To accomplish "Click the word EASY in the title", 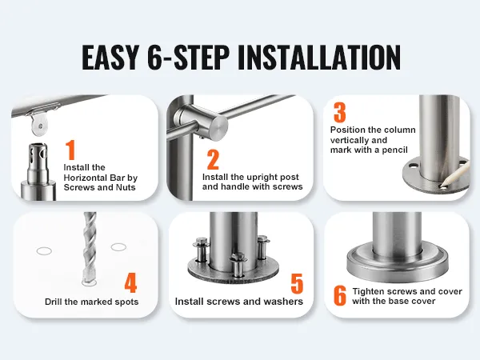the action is pyautogui.click(x=110, y=58).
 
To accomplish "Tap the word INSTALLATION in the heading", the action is pyautogui.click(x=318, y=58).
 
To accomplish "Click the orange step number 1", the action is pyautogui.click(x=70, y=150).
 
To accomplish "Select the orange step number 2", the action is pyautogui.click(x=213, y=159).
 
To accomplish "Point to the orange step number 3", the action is pyautogui.click(x=339, y=112).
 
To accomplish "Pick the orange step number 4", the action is pyautogui.click(x=130, y=283).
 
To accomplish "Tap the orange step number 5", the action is pyautogui.click(x=297, y=283).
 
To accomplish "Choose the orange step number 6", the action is pyautogui.click(x=340, y=295).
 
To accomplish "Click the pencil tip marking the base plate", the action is pyautogui.click(x=441, y=186).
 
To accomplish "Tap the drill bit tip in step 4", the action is pyautogui.click(x=89, y=281).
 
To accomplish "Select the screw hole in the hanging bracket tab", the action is pyautogui.click(x=41, y=126).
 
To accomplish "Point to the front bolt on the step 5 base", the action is pyautogui.click(x=238, y=265).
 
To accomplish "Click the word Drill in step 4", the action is pyautogui.click(x=54, y=302).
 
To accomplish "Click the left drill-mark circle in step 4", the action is pyautogui.click(x=44, y=251).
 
